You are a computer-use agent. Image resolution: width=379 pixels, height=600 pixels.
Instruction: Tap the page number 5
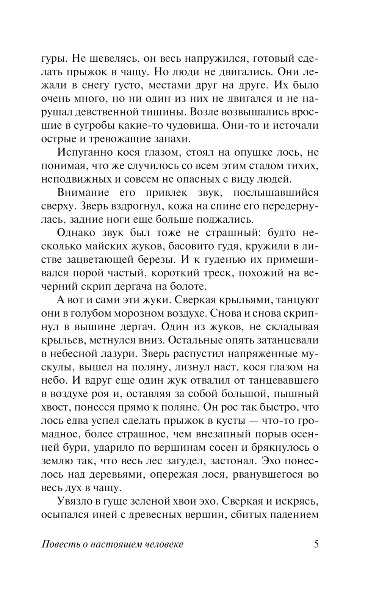tap(316, 544)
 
